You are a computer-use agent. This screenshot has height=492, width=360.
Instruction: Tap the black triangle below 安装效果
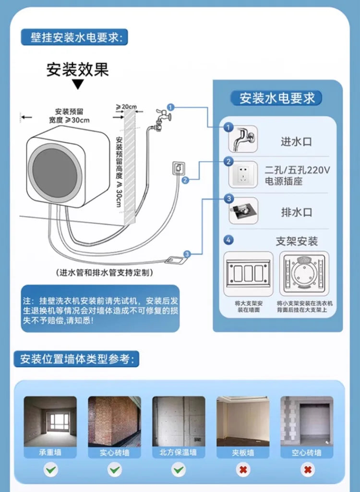[x=77, y=85]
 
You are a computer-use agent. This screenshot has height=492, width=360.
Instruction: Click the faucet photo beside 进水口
[x=243, y=139]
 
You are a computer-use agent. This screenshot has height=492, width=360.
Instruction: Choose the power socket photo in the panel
[x=243, y=175]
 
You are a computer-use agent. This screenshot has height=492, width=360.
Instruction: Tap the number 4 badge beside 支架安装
[x=229, y=239]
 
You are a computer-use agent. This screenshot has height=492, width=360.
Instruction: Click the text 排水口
[x=296, y=211]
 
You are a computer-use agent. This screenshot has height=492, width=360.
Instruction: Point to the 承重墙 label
[x=50, y=452]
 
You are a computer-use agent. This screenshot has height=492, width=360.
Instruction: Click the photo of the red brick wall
[x=114, y=421]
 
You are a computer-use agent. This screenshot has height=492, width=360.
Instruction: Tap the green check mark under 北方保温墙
[x=179, y=469]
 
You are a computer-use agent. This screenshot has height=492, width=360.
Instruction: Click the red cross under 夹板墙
[x=243, y=469]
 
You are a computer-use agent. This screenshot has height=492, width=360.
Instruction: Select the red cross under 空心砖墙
[x=307, y=469]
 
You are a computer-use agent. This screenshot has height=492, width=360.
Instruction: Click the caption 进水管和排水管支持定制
[x=105, y=272]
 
